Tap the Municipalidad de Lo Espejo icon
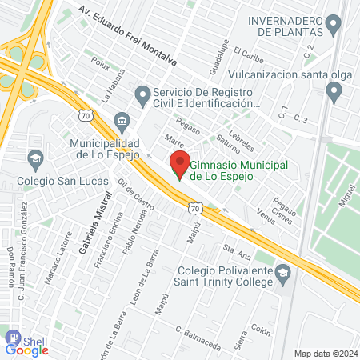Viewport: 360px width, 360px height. [120, 119]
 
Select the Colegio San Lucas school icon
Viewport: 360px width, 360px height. [35, 158]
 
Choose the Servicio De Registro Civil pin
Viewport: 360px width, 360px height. [142, 98]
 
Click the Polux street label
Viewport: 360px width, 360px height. [100, 64]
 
